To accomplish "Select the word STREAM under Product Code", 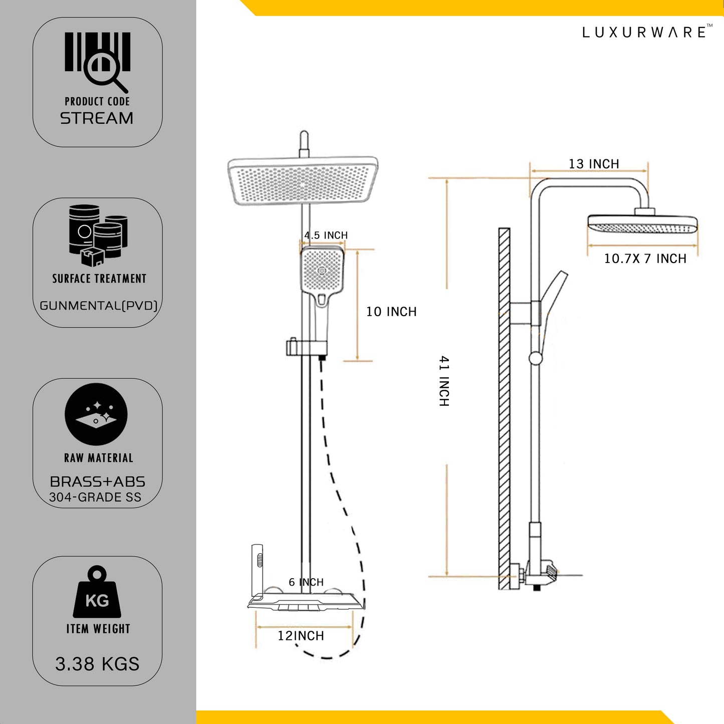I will click(x=97, y=119).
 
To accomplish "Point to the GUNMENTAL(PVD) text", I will click(x=99, y=306).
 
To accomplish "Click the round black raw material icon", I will click(x=96, y=414).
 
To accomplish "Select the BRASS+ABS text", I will click(x=98, y=481).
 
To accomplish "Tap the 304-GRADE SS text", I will click(x=95, y=498).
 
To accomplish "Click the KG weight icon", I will click(x=97, y=593).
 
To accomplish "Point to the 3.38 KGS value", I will click(x=97, y=664).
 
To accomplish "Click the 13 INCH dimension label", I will click(x=594, y=164).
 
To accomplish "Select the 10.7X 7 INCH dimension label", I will click(x=645, y=259).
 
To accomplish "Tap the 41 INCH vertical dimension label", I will click(x=444, y=381).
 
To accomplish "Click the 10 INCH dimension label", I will click(x=391, y=312).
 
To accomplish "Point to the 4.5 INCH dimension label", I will click(x=326, y=235).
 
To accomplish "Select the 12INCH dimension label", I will click(x=301, y=636).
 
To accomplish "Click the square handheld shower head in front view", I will click(x=322, y=271).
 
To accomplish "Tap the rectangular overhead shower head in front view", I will click(x=303, y=181).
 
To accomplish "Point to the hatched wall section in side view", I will click(x=504, y=408).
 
